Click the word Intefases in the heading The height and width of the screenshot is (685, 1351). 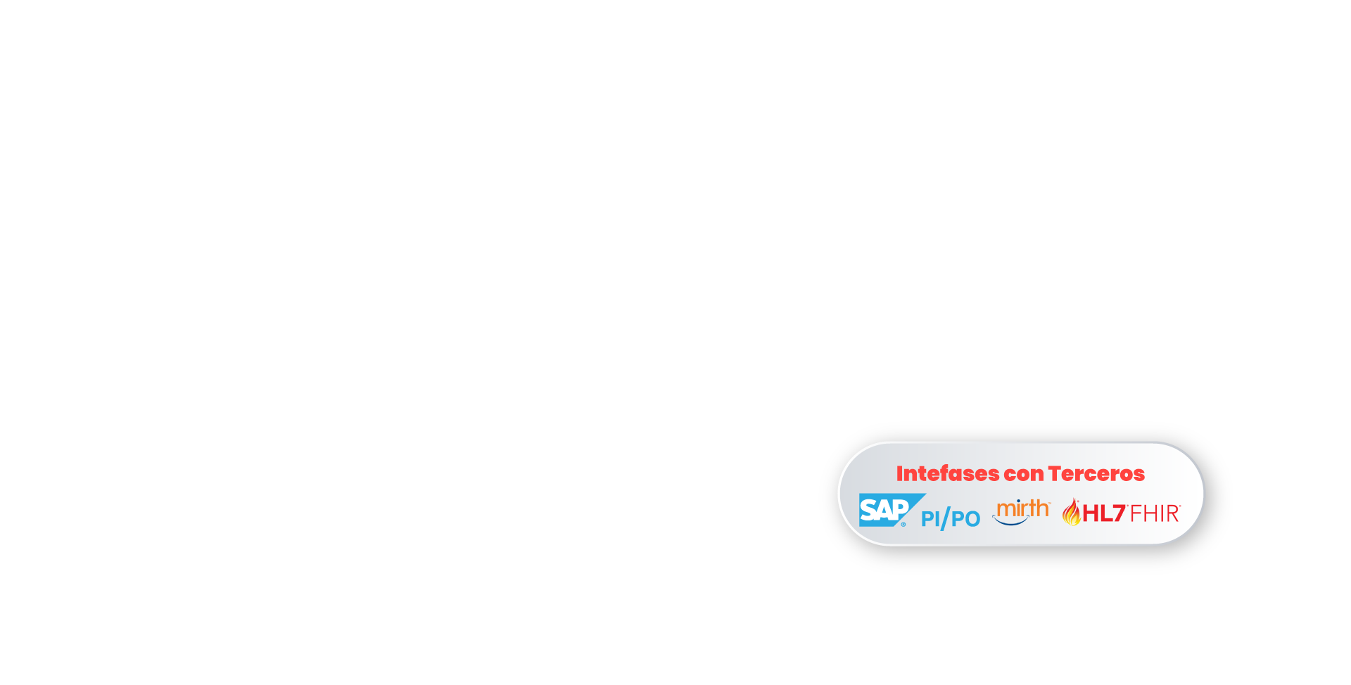tap(947, 473)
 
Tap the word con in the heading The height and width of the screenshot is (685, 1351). tap(1023, 475)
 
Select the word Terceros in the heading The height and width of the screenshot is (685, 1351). tap(1096, 473)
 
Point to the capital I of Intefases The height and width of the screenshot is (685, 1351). tap(899, 473)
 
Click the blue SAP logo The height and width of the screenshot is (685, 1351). tap(892, 510)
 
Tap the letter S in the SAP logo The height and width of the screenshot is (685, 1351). tap(868, 510)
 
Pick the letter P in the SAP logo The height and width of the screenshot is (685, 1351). tap(900, 509)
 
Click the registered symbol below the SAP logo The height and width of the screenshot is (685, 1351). tap(903, 524)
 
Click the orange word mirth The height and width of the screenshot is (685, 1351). tap(1023, 508)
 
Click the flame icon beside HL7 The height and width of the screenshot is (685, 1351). tap(1072, 512)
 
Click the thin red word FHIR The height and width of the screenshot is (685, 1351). tap(1155, 514)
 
